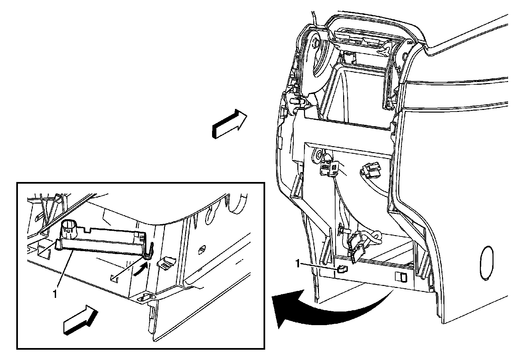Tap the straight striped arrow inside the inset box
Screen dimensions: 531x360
click(80, 319)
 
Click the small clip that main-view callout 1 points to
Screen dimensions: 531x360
click(341, 269)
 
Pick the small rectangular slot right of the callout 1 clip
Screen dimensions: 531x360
click(401, 276)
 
